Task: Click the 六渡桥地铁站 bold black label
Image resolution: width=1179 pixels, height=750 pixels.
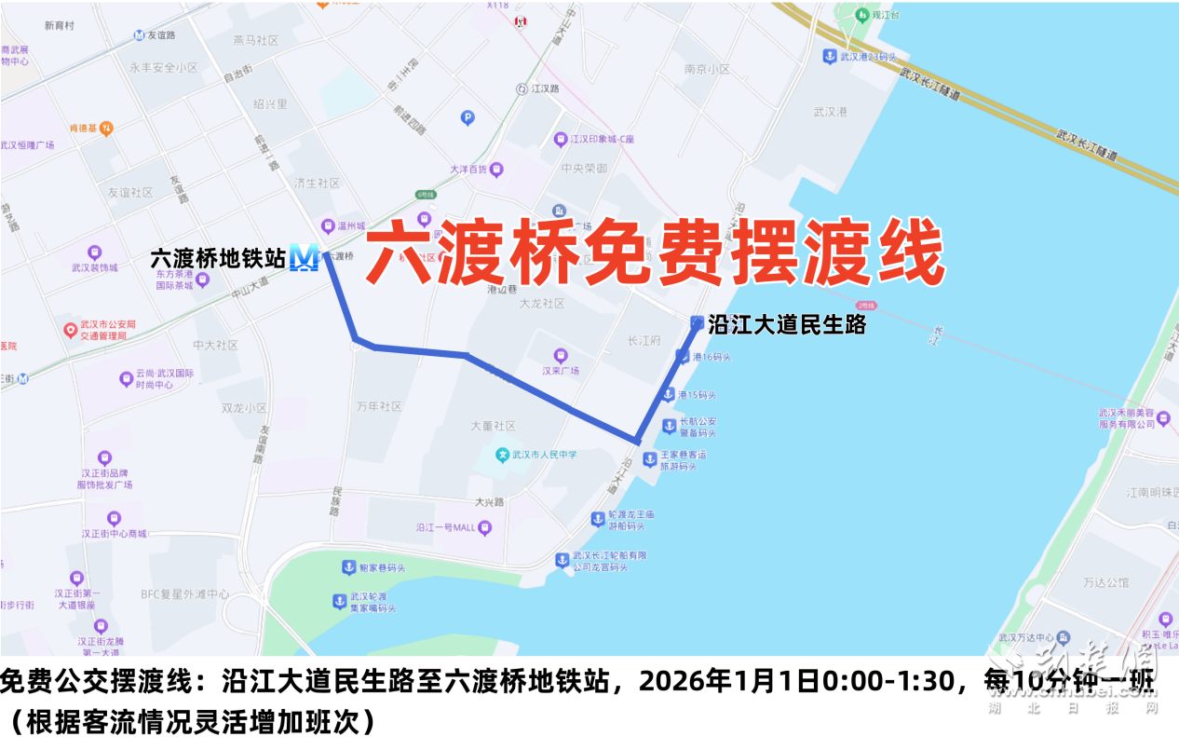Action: pos(218,258)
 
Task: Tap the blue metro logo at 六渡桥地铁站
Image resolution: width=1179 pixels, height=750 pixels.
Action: pos(304,257)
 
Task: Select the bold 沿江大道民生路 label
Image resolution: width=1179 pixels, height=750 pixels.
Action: pos(787,324)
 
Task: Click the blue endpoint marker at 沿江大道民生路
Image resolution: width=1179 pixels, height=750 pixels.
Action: pos(697,322)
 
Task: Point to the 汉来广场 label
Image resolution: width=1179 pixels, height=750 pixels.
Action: pos(561,370)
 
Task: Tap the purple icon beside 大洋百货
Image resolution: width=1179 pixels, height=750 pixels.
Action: pos(496,170)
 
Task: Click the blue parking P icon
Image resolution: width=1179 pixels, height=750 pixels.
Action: pos(468,117)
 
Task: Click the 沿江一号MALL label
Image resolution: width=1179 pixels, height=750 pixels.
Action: pos(446,528)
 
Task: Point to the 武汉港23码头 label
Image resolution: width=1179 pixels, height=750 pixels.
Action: pos(868,57)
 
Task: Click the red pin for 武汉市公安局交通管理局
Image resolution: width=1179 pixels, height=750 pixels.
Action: pos(70,330)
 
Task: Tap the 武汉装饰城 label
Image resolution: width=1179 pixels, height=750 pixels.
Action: pos(95,267)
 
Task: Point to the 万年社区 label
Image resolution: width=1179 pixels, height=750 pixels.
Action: pos(379,406)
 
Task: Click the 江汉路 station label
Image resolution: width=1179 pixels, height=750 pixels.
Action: pos(543,89)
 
